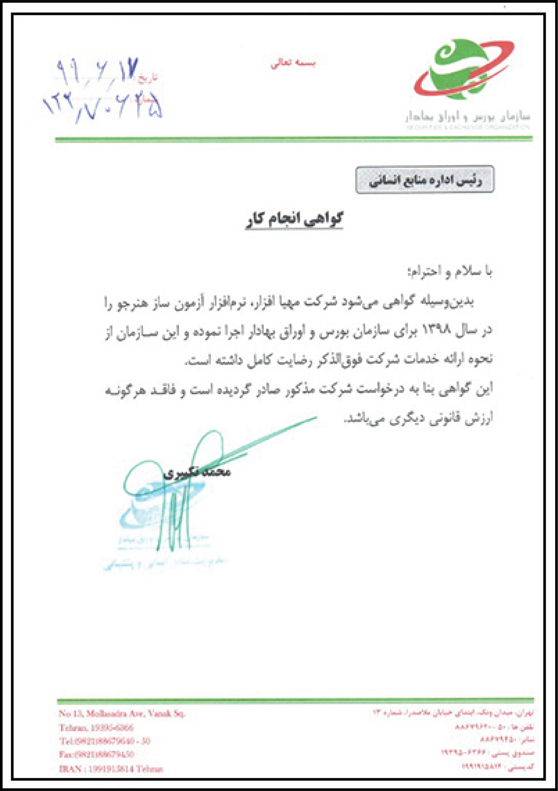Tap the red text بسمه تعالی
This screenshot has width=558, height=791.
click(293, 63)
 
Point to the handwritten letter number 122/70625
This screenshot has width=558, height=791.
click(103, 107)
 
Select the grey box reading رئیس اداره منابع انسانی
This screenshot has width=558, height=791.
click(425, 180)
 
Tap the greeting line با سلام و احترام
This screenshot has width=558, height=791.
click(450, 272)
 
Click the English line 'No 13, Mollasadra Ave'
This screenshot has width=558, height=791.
click(122, 713)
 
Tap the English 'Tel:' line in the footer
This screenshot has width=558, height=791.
click(105, 741)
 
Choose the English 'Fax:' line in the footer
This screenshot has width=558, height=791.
click(96, 754)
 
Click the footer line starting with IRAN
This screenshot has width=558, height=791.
click(111, 769)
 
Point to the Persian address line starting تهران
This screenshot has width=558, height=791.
click(453, 712)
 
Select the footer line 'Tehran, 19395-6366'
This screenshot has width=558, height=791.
click(96, 727)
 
